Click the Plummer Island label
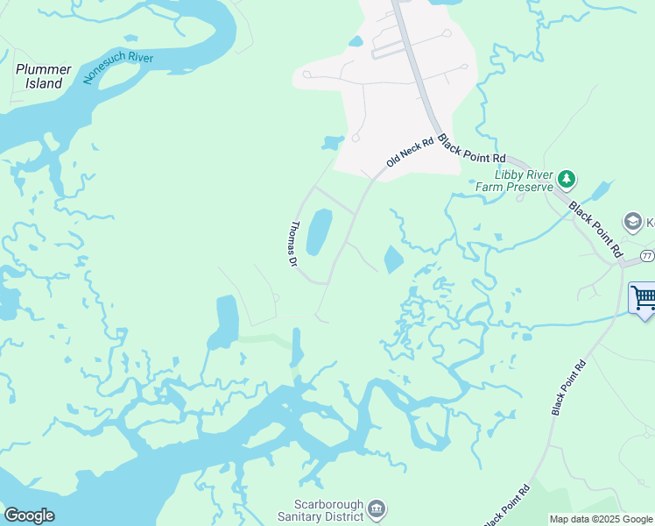(39, 75)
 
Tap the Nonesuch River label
(118, 68)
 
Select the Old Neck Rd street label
(411, 153)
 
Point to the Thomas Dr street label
(293, 243)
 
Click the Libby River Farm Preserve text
(514, 181)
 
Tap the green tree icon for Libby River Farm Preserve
(567, 180)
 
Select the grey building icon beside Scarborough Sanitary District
(377, 508)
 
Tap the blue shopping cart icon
(644, 297)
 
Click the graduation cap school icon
(632, 222)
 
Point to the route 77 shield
(647, 255)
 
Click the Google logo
(29, 515)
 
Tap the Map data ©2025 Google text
(600, 519)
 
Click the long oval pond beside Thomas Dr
(319, 232)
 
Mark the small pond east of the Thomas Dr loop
(393, 259)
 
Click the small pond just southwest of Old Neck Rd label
(333, 142)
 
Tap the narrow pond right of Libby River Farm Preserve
(602, 190)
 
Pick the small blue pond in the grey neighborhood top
(356, 40)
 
